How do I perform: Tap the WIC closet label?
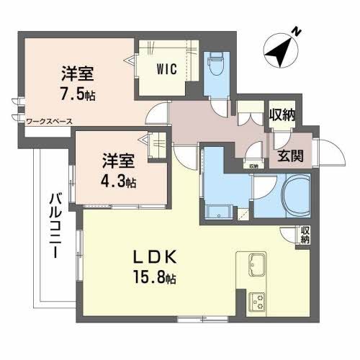pos(169,71)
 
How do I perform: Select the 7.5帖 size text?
pos(78,93)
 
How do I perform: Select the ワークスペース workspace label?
pos(48,122)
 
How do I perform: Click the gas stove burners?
pos(258,300)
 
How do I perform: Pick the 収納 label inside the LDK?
pos(305,235)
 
